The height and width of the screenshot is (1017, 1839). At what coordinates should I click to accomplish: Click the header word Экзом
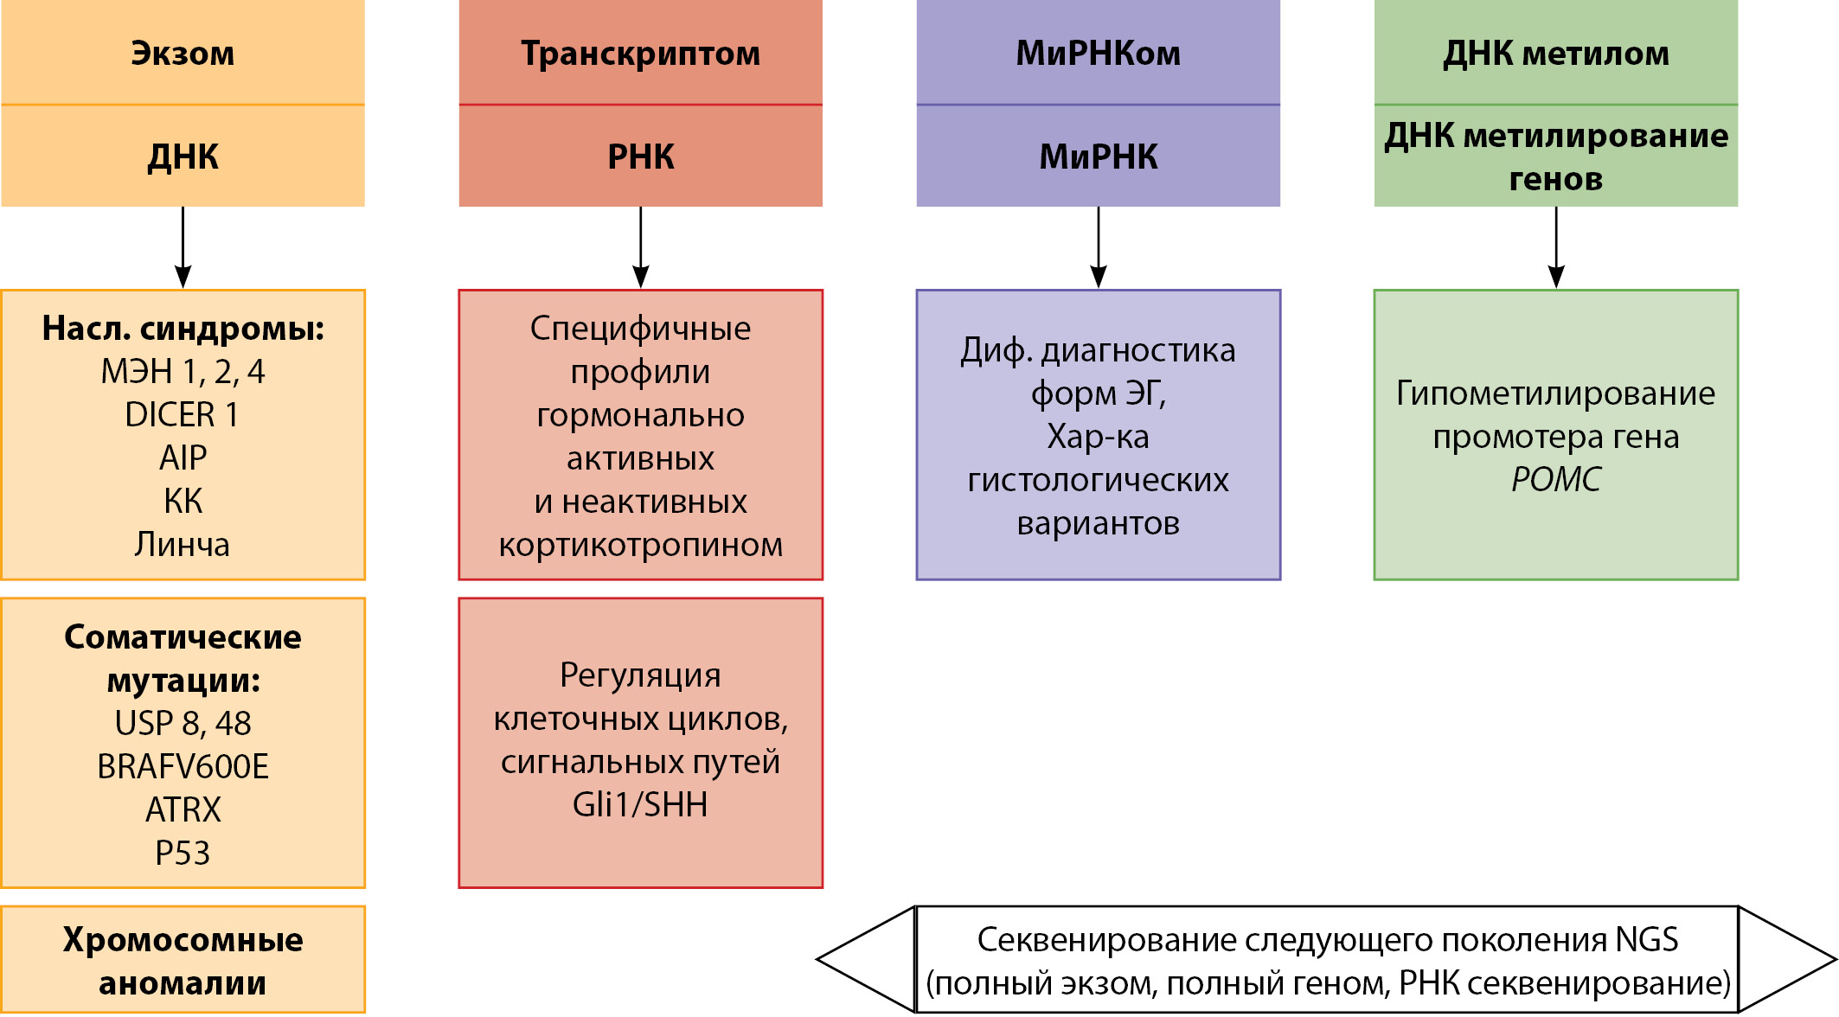tap(183, 54)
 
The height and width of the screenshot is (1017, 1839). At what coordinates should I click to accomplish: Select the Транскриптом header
tap(640, 54)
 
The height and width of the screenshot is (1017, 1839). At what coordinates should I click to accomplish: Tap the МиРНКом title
tap(1098, 54)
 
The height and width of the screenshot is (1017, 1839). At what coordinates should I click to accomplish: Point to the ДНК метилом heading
tap(1555, 54)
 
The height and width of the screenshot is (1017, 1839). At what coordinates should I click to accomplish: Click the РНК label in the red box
tap(640, 157)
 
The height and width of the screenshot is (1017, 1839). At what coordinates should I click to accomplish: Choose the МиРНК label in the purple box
tap(1098, 157)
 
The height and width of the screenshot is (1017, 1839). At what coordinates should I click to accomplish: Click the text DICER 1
tap(183, 415)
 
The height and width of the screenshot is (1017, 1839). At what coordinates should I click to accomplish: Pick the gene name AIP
tap(183, 457)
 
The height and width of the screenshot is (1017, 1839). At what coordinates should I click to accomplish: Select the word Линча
tap(183, 545)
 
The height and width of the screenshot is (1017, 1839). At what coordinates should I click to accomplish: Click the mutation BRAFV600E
tap(183, 766)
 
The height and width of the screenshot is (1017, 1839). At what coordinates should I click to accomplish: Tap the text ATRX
tap(183, 809)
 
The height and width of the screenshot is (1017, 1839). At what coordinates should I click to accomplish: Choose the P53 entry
tap(183, 853)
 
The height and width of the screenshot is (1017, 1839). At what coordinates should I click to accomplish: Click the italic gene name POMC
tap(1555, 479)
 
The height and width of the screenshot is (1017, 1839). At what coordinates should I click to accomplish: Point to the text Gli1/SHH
tap(640, 804)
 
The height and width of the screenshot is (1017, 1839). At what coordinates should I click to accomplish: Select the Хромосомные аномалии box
tap(183, 960)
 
